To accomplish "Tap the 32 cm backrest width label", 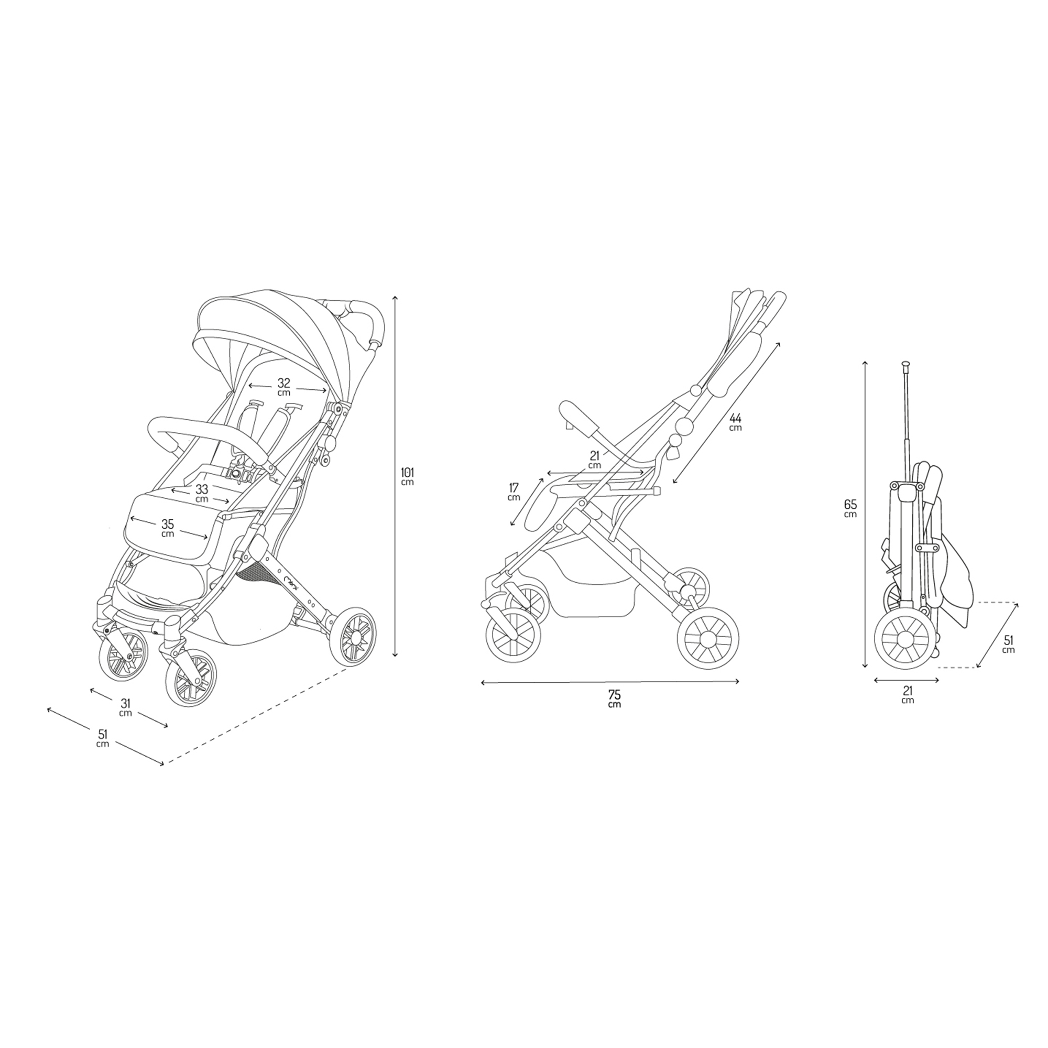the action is tap(283, 386).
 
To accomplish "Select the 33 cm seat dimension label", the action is tap(202, 494).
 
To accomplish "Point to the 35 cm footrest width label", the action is tap(168, 528).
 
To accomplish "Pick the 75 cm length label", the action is tap(615, 698).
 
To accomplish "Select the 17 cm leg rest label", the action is tap(514, 492).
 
